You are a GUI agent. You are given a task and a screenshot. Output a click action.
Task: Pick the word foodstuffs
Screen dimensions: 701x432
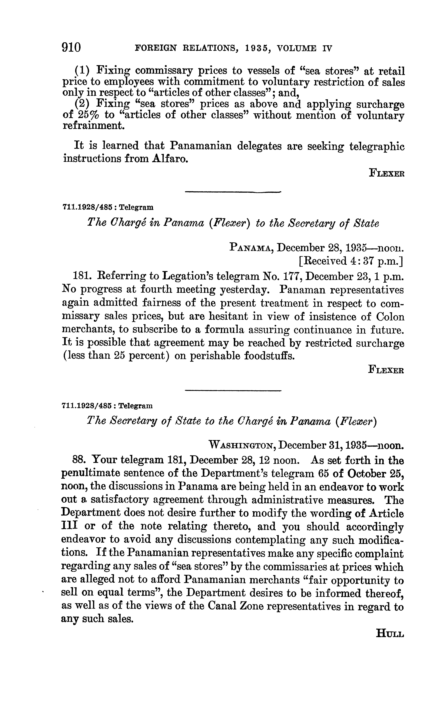point(269,356)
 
